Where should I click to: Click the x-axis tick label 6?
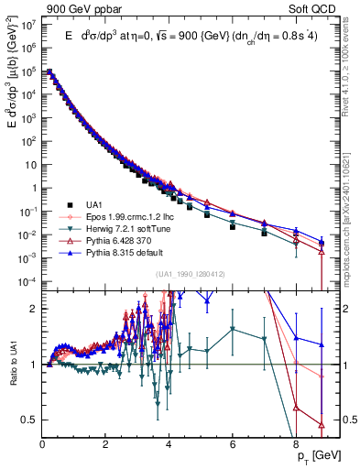click(233, 443)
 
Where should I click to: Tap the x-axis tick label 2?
click(106, 443)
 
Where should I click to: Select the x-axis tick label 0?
click(43, 443)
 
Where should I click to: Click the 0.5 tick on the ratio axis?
click(29, 420)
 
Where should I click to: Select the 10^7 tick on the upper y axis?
click(27, 25)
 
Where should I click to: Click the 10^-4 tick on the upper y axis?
click(27, 280)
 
